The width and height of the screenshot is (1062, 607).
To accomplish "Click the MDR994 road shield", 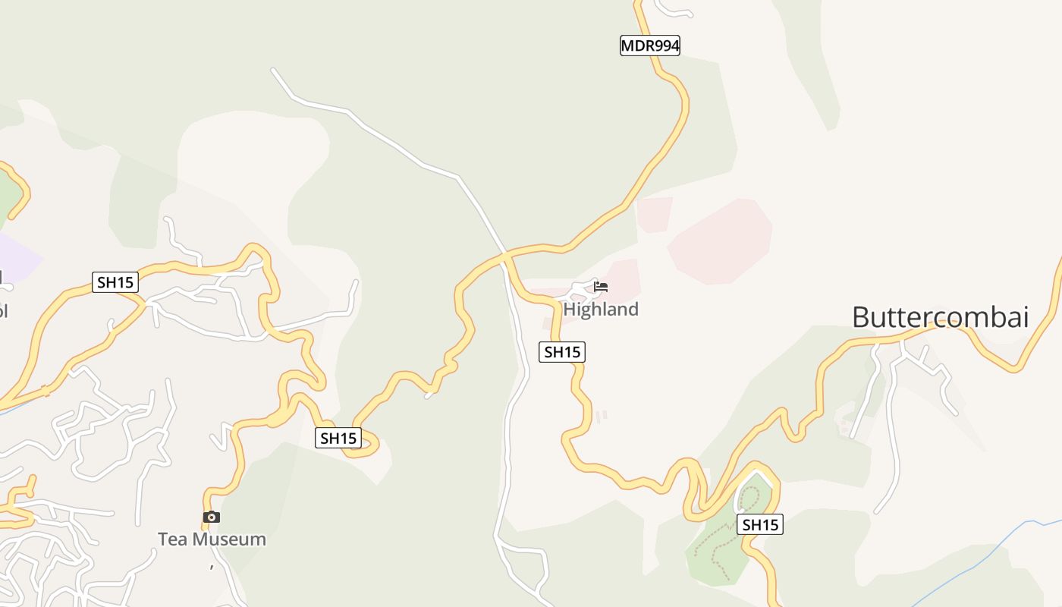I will pyautogui.click(x=650, y=46).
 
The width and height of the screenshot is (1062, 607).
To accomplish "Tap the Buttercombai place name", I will pyautogui.click(x=940, y=317).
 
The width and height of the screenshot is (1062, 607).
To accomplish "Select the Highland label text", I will pyautogui.click(x=601, y=310).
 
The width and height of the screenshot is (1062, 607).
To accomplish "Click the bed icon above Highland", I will pyautogui.click(x=601, y=287).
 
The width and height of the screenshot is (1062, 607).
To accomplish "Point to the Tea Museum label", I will pyautogui.click(x=212, y=539).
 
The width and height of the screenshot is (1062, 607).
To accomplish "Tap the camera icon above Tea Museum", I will pyautogui.click(x=212, y=517).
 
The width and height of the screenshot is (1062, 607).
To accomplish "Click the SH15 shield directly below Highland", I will pyautogui.click(x=562, y=352).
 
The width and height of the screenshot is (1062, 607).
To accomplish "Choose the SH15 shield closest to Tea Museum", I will pyautogui.click(x=338, y=438).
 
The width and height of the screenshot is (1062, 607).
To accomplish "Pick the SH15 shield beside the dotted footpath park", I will pyautogui.click(x=760, y=524).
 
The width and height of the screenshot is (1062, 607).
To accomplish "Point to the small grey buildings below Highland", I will pyautogui.click(x=602, y=416).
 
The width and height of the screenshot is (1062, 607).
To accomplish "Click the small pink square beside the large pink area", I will pyautogui.click(x=654, y=214).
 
